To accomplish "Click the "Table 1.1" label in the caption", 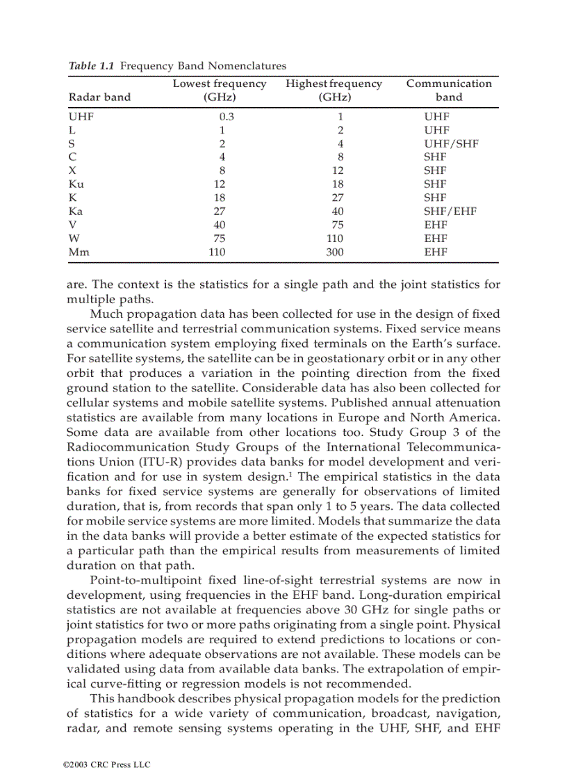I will [x=90, y=66].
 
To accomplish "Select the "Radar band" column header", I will [x=99, y=97].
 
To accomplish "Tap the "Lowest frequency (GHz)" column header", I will [x=219, y=90].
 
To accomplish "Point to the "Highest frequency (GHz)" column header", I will [x=334, y=90].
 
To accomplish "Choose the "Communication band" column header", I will [x=449, y=90].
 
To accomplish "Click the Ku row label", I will [x=76, y=184].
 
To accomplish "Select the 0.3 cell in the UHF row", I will [x=227, y=117].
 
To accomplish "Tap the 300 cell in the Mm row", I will [x=334, y=252].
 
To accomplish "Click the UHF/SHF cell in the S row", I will [x=451, y=144].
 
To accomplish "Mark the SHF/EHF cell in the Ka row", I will [x=450, y=211].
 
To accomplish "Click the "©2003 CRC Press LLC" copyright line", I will [x=106, y=764].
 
